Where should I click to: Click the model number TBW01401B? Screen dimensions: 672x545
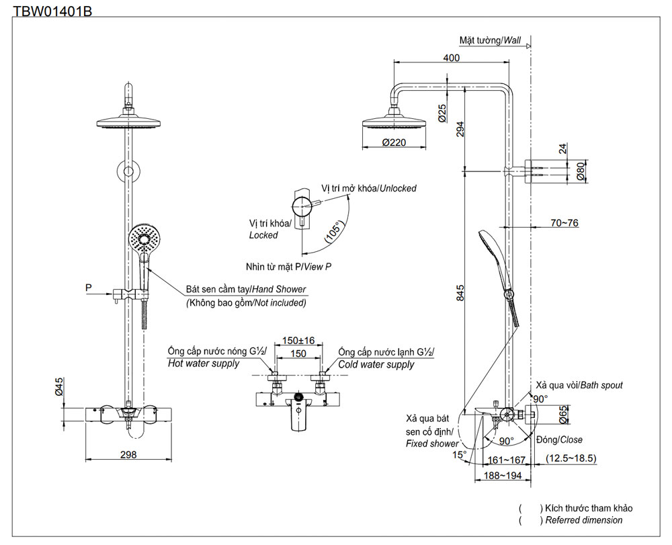(52, 10)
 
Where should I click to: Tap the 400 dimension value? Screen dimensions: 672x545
(452, 57)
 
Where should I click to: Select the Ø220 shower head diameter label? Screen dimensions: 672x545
(394, 142)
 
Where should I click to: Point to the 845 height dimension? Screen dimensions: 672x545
(460, 293)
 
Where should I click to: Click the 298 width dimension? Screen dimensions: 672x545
(128, 454)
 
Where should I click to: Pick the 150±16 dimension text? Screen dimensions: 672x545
(298, 341)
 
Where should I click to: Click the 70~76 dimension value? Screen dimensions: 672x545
(564, 223)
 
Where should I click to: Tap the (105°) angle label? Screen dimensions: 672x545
(335, 232)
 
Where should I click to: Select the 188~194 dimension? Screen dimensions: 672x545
(503, 475)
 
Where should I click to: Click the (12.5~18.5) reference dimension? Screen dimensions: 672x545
(571, 458)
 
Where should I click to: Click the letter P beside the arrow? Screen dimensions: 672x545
(89, 288)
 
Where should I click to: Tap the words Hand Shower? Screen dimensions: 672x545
(279, 289)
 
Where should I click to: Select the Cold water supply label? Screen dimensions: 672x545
(376, 365)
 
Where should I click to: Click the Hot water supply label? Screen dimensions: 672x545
(204, 364)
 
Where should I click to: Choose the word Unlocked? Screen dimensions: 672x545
(398, 188)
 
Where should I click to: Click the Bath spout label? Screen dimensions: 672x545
(601, 385)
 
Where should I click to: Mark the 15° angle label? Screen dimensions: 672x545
(459, 454)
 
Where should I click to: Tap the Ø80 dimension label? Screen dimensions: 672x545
(581, 171)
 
